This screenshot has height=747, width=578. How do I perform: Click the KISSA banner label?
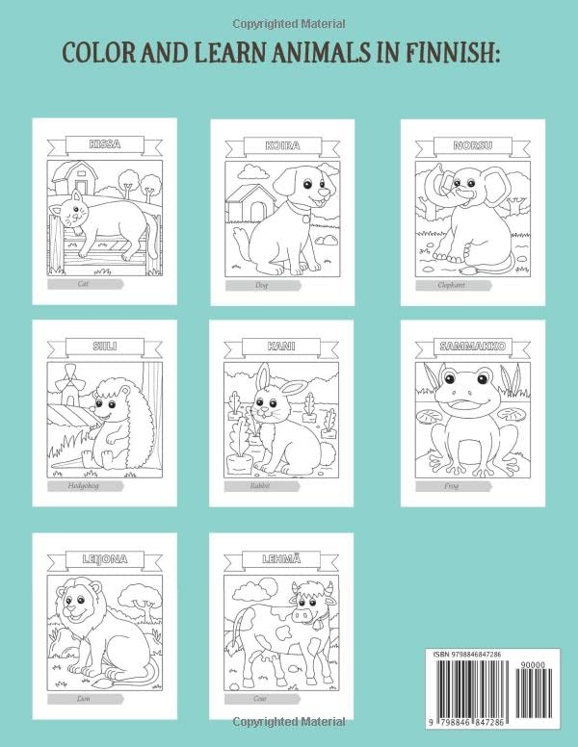pos(104,144)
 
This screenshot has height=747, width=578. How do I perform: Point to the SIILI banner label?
pos(104,345)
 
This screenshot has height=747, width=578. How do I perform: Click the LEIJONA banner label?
pos(104,558)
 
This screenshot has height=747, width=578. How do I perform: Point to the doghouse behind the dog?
pos(248,205)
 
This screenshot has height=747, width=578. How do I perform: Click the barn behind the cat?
pos(74,177)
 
